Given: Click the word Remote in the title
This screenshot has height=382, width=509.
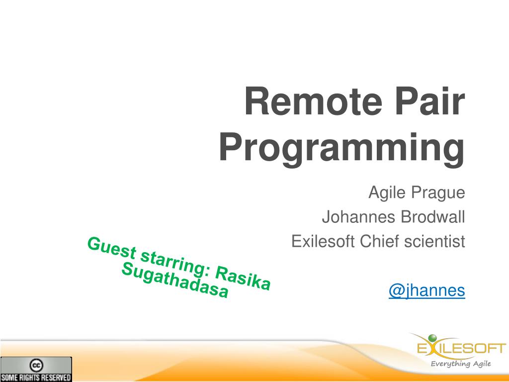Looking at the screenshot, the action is click(313, 101).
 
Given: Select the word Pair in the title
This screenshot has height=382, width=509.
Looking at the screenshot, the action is click(430, 101).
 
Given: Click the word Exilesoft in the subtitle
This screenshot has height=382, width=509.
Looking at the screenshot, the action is click(323, 241).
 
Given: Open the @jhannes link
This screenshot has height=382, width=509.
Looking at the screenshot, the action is click(427, 290).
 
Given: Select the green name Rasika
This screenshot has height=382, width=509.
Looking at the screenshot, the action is click(243, 278).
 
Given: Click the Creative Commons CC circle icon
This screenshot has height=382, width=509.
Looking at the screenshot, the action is click(36, 366).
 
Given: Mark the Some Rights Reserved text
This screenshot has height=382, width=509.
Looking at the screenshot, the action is click(36, 378).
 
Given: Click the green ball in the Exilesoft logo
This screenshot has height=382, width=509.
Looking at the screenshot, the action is click(432, 339).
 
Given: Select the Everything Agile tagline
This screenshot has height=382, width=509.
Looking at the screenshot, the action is click(461, 364).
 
